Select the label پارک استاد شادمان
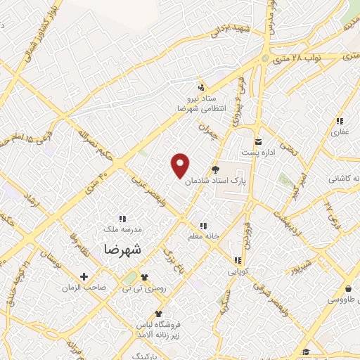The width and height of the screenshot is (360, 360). (x=217, y=181)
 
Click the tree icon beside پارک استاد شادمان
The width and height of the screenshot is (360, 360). (x=215, y=169)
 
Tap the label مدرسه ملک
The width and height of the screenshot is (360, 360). (x=123, y=229)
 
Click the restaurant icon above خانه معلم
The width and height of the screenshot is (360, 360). (x=203, y=226)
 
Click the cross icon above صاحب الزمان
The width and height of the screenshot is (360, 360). (x=84, y=276)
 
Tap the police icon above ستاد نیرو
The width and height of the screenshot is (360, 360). (x=202, y=88)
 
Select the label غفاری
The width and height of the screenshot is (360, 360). (x=340, y=132)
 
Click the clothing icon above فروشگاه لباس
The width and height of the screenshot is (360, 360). (x=159, y=313)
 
